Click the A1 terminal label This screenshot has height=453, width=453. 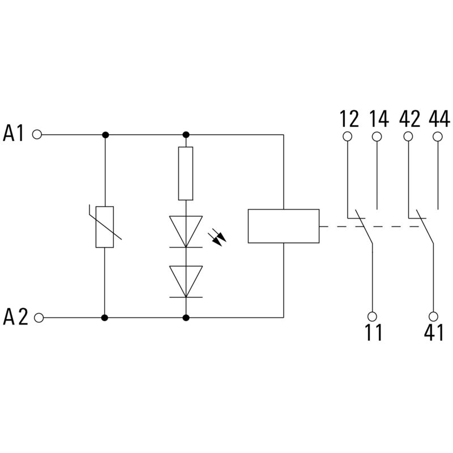pos(15,135)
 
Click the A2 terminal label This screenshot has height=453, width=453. pos(15,318)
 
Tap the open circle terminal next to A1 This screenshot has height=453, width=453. pos(38,135)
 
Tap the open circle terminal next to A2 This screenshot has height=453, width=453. pos(38,318)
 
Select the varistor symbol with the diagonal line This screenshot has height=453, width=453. pos(105,227)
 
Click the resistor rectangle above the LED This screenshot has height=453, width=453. pos(186,173)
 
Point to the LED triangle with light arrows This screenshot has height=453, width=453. pos(186,231)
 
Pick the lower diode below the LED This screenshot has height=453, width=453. pos(186,281)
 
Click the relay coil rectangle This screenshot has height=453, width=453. pos(283,226)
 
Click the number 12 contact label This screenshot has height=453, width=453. pos(349,119)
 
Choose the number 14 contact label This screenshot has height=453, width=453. pos(379,119)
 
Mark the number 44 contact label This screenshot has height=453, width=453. pos(439,119)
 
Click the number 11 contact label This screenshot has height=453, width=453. pos(373,334)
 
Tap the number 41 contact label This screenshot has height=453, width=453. pos(434,334)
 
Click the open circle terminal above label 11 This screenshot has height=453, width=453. pos(373,316)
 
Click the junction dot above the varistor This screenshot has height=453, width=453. pos(105,135)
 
